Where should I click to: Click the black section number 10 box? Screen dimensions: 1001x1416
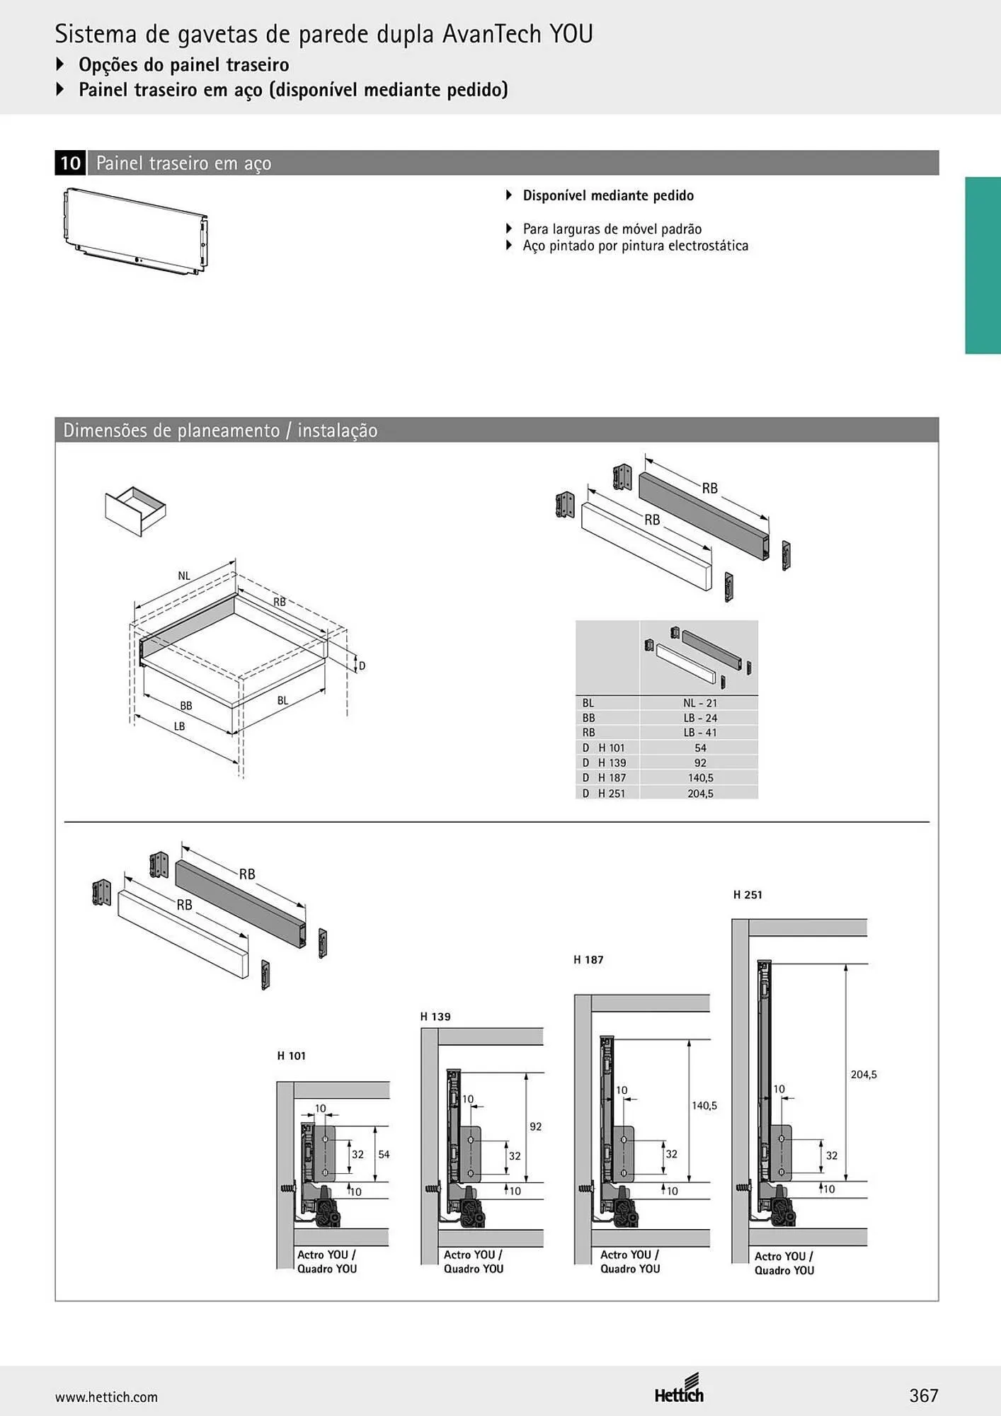pyautogui.click(x=70, y=163)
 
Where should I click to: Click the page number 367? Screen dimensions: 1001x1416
pyautogui.click(x=924, y=1395)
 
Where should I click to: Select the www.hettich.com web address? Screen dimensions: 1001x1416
pyautogui.click(x=106, y=1397)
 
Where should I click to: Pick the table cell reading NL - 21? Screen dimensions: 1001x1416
pyautogui.click(x=699, y=703)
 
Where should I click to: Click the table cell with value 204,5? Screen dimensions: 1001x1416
pyautogui.click(x=700, y=794)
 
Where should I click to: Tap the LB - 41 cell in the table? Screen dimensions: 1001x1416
pyautogui.click(x=699, y=733)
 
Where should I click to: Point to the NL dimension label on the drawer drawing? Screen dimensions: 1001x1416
pyautogui.click(x=184, y=576)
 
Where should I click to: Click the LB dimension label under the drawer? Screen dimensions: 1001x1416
pyautogui.click(x=179, y=726)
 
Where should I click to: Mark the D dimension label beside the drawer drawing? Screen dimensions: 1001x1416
pyautogui.click(x=362, y=666)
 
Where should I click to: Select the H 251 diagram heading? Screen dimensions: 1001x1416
pyautogui.click(x=748, y=895)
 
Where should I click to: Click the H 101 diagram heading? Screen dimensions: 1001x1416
pyautogui.click(x=291, y=1056)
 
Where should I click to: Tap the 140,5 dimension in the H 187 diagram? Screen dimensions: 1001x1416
pyautogui.click(x=704, y=1105)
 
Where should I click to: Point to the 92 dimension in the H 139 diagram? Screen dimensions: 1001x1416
pyautogui.click(x=535, y=1126)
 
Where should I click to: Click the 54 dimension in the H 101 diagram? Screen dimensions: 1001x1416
pyautogui.click(x=384, y=1154)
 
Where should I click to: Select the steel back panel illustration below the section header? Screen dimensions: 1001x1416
pyautogui.click(x=135, y=231)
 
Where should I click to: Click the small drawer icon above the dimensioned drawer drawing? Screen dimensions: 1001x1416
pyautogui.click(x=135, y=510)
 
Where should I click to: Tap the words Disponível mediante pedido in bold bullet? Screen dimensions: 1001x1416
pyautogui.click(x=608, y=195)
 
